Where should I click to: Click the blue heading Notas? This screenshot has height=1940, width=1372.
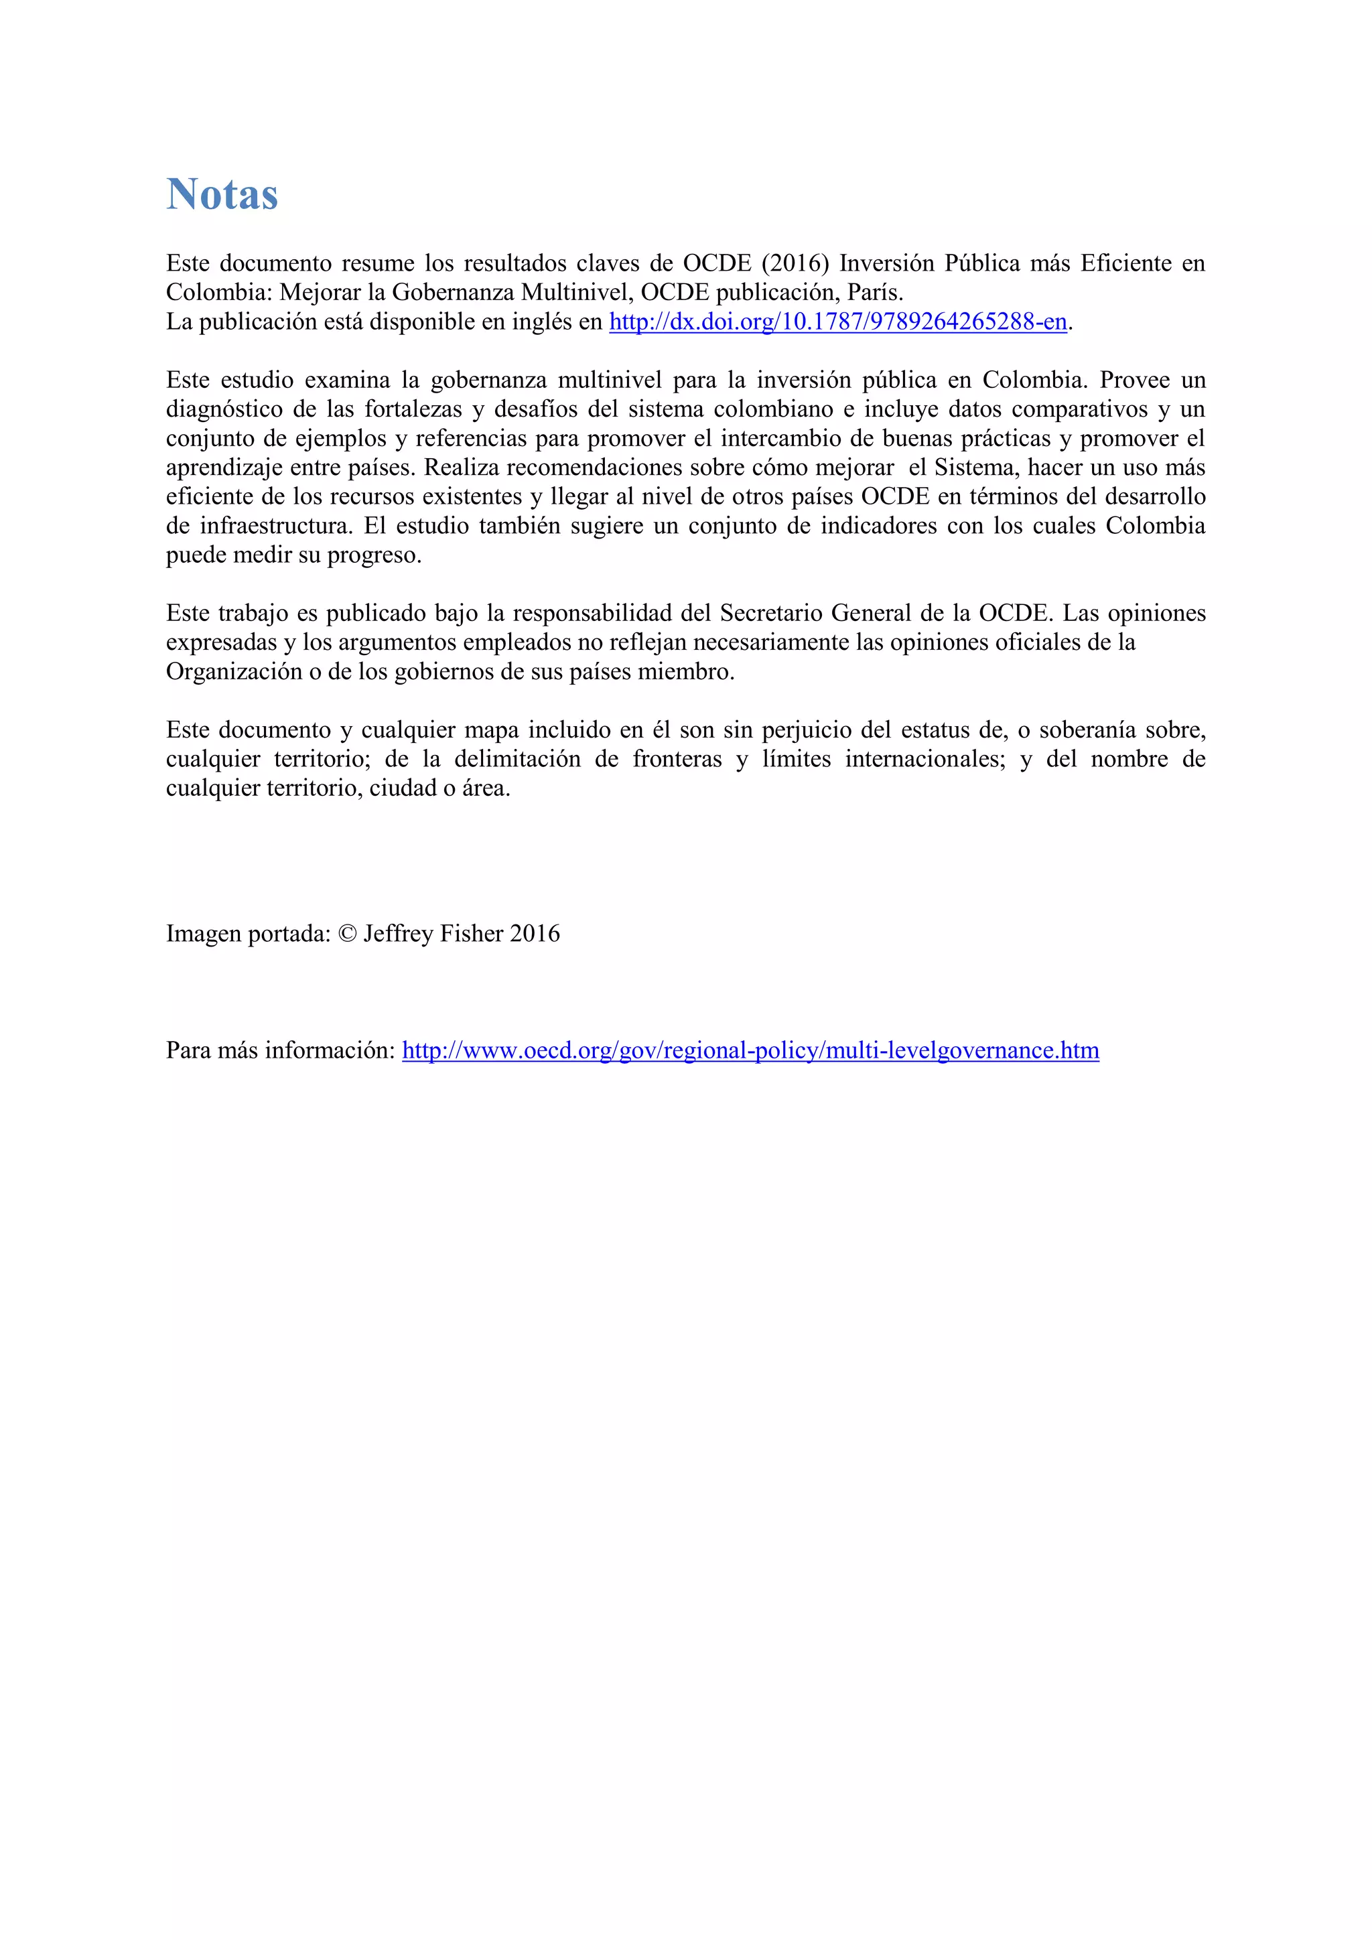point(222,194)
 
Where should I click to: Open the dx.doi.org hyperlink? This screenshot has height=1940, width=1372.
point(838,322)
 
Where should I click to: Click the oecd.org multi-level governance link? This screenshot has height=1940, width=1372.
point(750,1050)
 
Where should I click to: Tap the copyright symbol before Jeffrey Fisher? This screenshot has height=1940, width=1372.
point(347,934)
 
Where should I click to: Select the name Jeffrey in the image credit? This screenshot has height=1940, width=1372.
point(398,934)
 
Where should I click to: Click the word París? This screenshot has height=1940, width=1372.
point(876,292)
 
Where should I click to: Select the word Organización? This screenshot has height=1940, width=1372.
point(234,672)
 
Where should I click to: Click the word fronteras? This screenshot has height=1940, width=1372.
point(677,759)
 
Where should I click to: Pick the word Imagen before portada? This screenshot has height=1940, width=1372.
point(204,934)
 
